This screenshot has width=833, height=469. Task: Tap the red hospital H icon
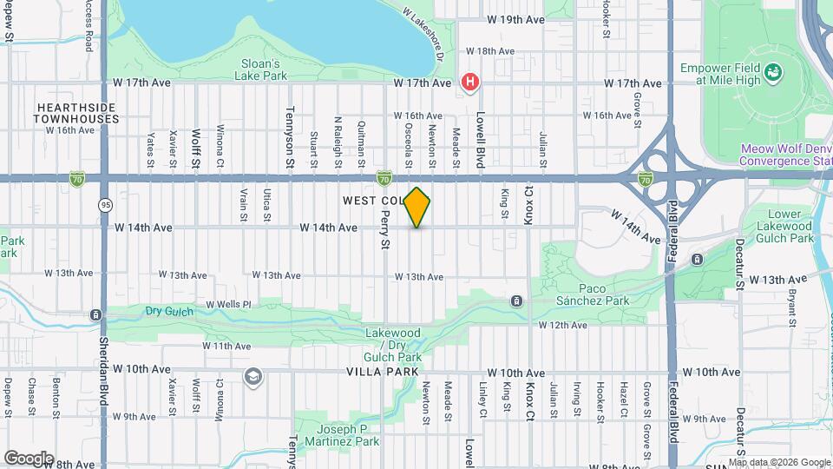[470, 83]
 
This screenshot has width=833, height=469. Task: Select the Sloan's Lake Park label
[258, 69]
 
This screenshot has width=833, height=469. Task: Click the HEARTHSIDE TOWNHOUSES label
[76, 112]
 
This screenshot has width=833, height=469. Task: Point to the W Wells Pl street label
[228, 305]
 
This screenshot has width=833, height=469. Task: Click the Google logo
[29, 458]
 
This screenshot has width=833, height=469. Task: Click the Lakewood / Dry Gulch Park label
[393, 345]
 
